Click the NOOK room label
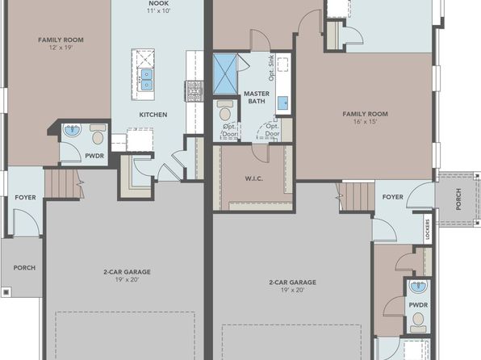(159, 3)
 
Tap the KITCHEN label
(153, 115)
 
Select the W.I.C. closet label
(253, 178)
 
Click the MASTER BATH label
(257, 98)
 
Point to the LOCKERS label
(428, 229)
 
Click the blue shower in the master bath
(225, 74)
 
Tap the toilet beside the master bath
(225, 111)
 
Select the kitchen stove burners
(194, 91)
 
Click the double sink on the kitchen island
(146, 80)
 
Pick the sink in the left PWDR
(72, 130)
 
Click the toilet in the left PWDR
(98, 135)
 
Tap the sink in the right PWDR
(418, 287)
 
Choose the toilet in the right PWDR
(418, 322)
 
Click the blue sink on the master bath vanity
(282, 103)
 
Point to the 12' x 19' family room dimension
(61, 48)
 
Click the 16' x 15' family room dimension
(365, 121)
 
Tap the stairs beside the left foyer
(64, 184)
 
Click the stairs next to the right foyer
(356, 196)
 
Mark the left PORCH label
(24, 268)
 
